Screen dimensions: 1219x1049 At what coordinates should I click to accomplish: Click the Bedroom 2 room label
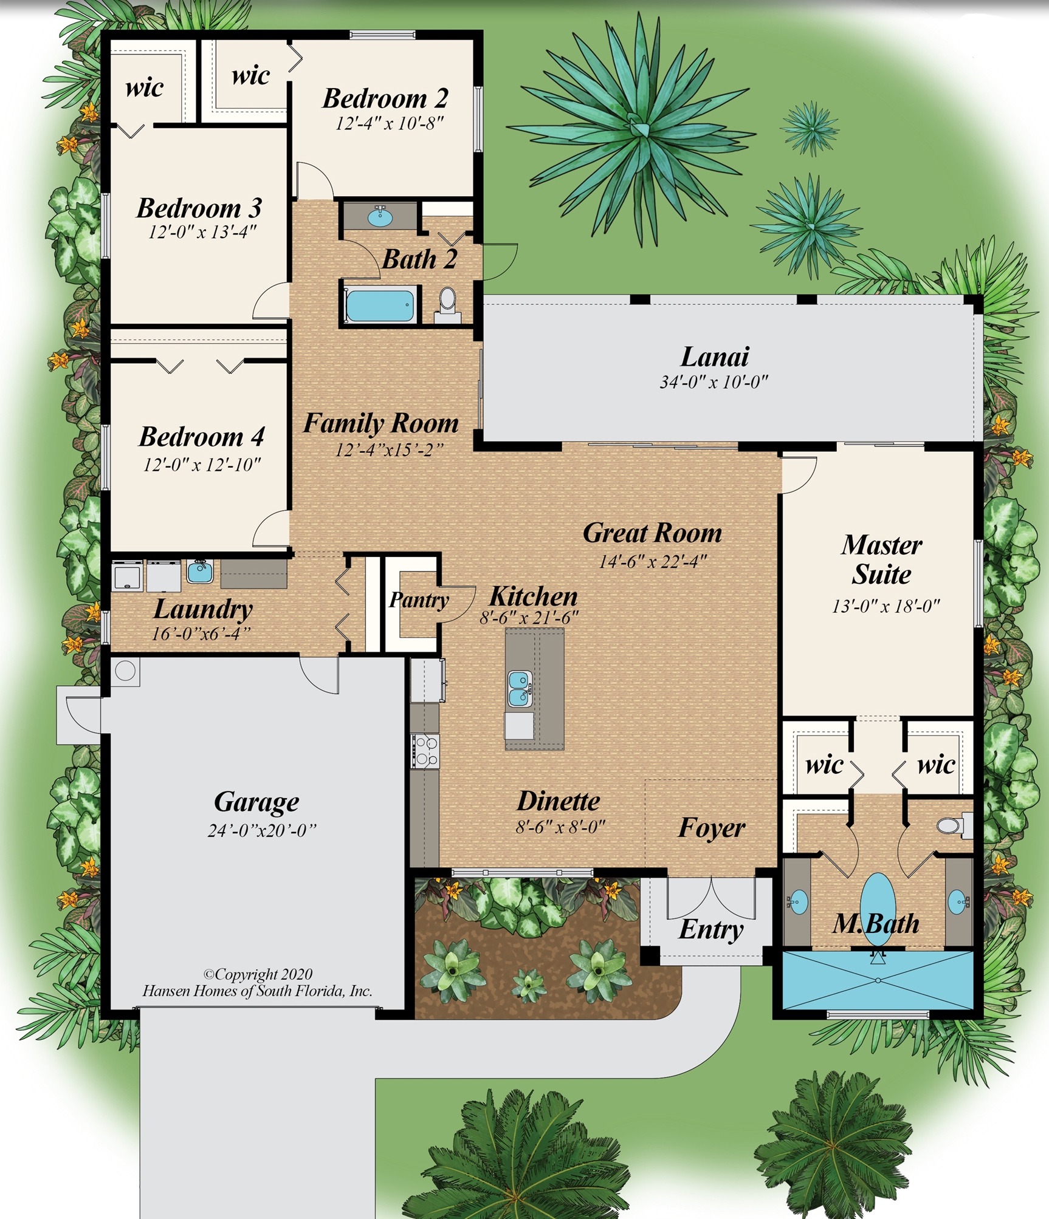click(385, 98)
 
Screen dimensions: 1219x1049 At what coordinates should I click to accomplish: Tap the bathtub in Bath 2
click(379, 306)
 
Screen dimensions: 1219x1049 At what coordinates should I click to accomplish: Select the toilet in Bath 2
click(448, 300)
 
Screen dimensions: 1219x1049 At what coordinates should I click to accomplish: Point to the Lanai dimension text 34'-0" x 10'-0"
click(714, 382)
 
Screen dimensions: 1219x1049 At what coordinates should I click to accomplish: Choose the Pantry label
click(419, 600)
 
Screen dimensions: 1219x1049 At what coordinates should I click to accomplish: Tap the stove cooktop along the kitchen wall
click(425, 751)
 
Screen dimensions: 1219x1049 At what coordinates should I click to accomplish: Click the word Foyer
click(711, 828)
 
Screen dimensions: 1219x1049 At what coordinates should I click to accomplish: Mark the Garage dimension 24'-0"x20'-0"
click(262, 830)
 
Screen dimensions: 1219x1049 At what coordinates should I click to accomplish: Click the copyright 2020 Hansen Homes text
click(257, 983)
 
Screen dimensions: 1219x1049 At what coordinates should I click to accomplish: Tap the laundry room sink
click(200, 572)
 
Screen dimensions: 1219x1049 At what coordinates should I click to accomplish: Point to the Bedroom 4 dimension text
click(202, 465)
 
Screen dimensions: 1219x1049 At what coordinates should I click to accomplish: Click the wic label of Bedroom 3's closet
click(144, 87)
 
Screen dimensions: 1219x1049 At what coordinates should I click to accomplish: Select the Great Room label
click(652, 533)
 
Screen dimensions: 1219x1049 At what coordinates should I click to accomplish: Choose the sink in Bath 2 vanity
click(380, 217)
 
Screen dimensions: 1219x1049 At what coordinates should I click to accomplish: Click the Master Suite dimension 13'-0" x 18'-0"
click(886, 606)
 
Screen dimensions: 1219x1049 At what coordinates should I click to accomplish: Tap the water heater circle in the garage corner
click(126, 671)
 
